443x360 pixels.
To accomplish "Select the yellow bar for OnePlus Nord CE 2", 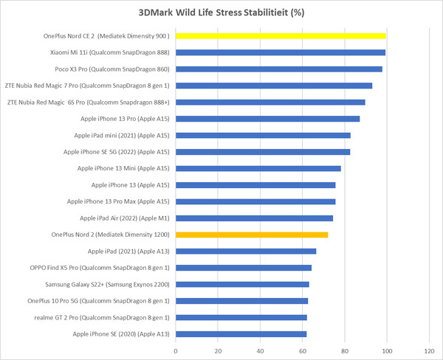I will [281, 35].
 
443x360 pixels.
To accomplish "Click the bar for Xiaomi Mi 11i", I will [281, 52].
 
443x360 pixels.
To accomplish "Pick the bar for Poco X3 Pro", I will [279, 69].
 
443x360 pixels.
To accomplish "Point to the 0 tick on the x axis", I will [176, 350].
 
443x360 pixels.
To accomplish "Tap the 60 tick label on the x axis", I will [303, 350].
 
